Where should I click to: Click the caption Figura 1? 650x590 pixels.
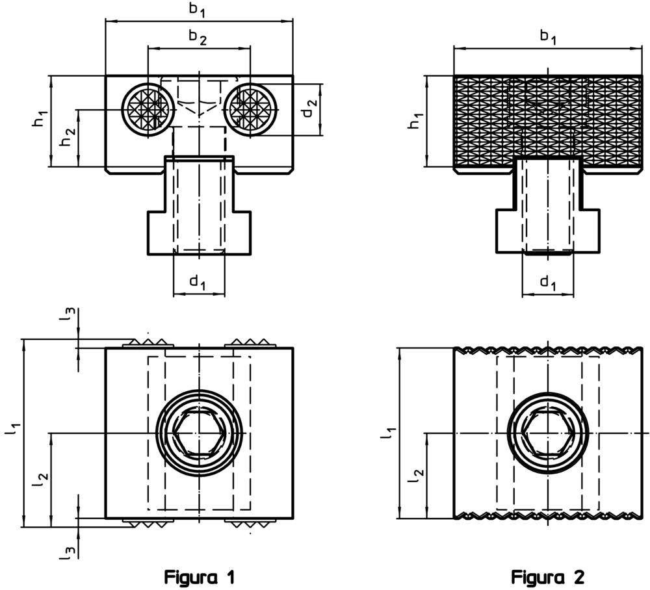point(198,576)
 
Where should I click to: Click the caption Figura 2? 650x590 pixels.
point(547,576)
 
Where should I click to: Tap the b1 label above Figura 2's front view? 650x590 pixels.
point(547,37)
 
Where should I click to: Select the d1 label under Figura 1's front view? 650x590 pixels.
point(198,281)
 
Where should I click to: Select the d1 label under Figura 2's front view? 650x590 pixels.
point(547,281)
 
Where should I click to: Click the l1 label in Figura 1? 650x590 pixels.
point(15,431)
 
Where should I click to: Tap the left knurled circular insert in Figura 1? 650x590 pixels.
point(148,110)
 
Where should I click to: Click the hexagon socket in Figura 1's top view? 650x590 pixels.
point(199,432)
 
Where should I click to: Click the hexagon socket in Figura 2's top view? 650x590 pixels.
point(547,432)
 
